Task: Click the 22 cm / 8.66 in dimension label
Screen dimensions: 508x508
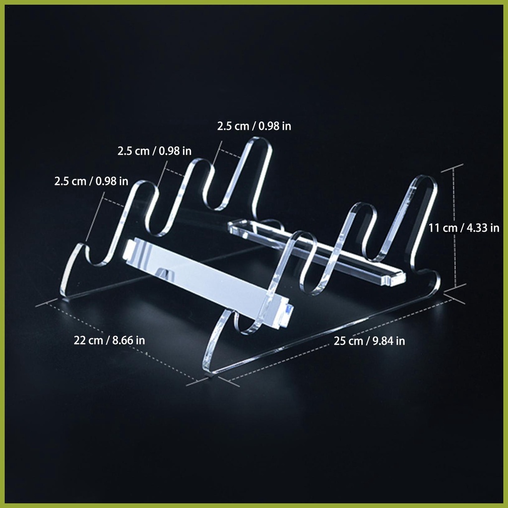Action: (x=109, y=340)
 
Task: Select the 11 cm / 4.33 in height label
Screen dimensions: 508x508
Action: (x=464, y=228)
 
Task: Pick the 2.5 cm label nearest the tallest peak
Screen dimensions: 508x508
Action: (x=254, y=126)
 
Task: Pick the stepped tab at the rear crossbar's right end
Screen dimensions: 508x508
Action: (x=394, y=279)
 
